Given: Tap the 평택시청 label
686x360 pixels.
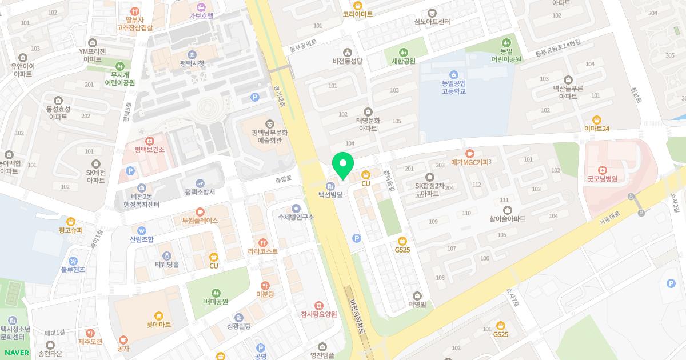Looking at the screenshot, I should point(192,63).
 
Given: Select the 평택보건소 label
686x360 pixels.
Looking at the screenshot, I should point(150,150).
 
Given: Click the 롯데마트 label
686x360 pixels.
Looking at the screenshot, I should point(159,325).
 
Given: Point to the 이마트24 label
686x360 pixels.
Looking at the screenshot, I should point(597,129).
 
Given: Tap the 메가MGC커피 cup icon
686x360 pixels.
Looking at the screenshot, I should point(470,153).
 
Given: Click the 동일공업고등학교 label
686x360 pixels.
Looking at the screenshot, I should point(453,87).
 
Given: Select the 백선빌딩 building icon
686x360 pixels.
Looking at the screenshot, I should point(330,186).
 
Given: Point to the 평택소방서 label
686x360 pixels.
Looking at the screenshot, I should point(200,192).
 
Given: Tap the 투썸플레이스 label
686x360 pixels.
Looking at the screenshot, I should point(200,220).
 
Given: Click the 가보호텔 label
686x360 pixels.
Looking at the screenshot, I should point(201,16).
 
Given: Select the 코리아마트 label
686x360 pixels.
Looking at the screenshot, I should point(358,14).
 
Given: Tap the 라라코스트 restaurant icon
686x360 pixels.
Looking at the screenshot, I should point(263,242).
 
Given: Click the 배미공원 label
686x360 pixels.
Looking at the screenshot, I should point(216,302).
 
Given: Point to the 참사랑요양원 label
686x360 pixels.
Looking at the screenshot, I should point(319,314).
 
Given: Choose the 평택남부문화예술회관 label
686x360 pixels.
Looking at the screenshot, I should point(269,135).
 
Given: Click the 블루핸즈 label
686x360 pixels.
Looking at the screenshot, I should point(73,269).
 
